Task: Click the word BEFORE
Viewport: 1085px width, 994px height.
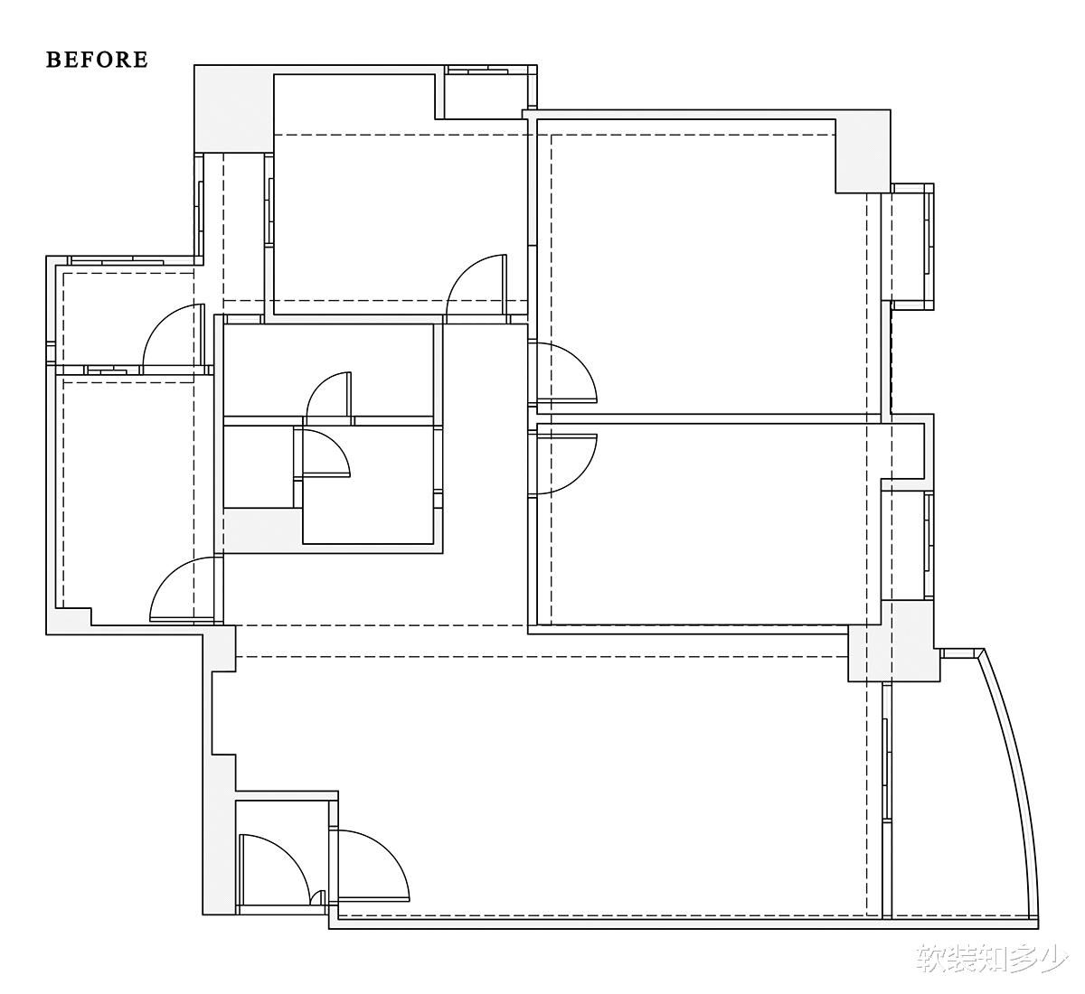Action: pos(97,60)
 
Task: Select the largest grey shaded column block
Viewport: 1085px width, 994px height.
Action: pos(233,108)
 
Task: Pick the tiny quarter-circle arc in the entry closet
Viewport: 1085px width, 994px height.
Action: pos(317,897)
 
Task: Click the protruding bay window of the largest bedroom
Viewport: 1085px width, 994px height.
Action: pos(912,246)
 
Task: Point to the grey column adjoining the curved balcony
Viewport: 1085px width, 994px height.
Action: pos(893,641)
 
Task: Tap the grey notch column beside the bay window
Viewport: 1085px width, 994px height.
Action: pos(863,152)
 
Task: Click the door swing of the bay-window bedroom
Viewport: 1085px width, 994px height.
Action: pos(562,372)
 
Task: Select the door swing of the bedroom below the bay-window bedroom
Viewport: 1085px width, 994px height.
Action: pos(562,464)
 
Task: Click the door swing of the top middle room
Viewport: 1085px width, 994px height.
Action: pos(476,285)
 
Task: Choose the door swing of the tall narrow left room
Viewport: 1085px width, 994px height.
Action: pos(183,588)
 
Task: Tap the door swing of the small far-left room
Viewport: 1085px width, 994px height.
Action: pos(173,335)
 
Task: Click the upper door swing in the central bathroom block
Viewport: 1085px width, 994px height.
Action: pos(328,394)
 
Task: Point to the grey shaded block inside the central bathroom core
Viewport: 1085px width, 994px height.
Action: pos(263,530)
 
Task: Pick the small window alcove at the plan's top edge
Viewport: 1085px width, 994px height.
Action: pos(486,92)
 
